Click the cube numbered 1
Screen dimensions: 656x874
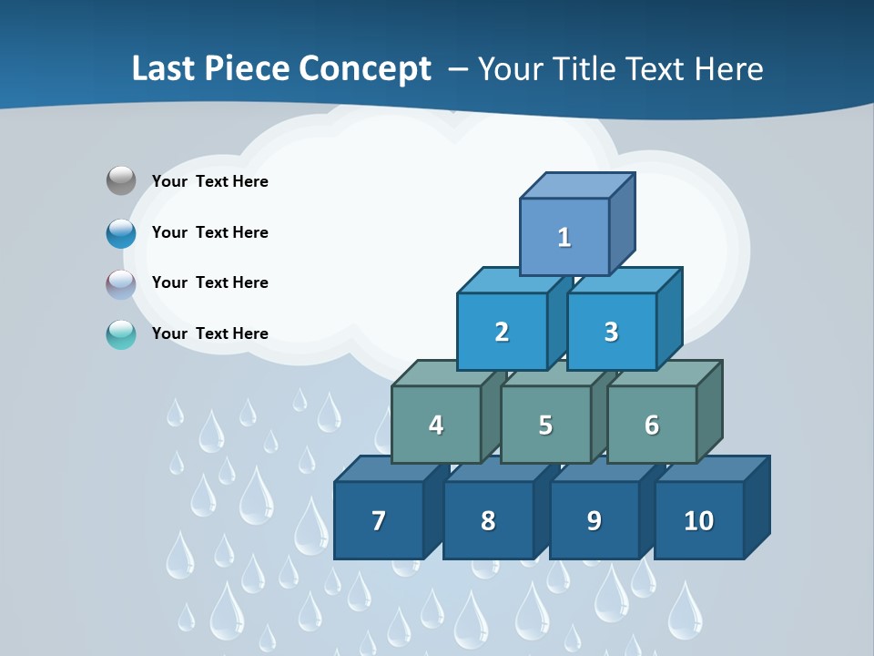click(564, 237)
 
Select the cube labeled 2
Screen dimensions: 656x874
click(502, 332)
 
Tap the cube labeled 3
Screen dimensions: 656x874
click(611, 332)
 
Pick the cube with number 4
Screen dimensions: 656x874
click(436, 425)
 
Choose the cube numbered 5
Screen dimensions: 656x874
click(545, 425)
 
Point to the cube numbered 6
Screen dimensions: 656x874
click(652, 425)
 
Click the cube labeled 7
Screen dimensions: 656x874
click(379, 520)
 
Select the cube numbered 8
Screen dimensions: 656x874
click(488, 520)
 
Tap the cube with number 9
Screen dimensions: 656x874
click(594, 520)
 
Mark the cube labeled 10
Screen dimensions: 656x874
click(699, 520)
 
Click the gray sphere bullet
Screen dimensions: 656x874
click(121, 180)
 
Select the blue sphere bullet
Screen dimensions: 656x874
click(121, 233)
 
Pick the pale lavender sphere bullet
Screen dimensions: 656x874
click(121, 284)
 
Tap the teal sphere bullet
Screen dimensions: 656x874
click(121, 335)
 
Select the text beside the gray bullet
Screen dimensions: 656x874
click(210, 181)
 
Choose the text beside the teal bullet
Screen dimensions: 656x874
click(210, 333)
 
